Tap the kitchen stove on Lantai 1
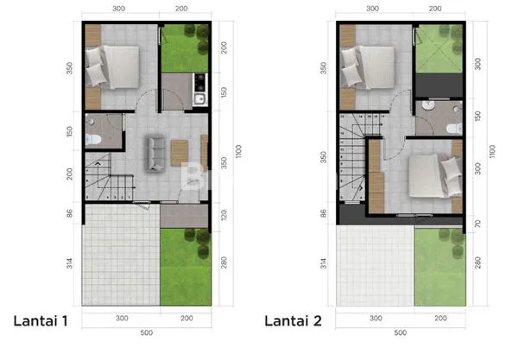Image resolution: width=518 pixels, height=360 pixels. [x=199, y=84]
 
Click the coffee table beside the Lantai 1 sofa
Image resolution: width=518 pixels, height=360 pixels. [x=178, y=153]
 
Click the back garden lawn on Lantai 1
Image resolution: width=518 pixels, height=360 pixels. [x=185, y=48]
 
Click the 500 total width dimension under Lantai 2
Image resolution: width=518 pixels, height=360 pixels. [x=399, y=332]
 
